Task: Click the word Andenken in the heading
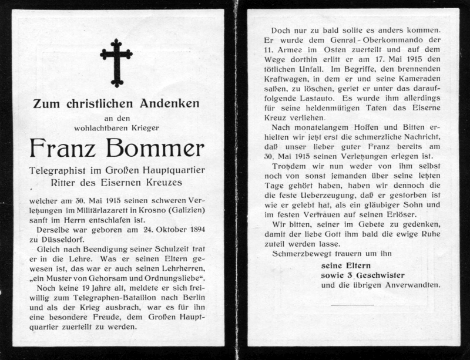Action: [169, 104]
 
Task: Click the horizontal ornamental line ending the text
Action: [352, 305]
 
